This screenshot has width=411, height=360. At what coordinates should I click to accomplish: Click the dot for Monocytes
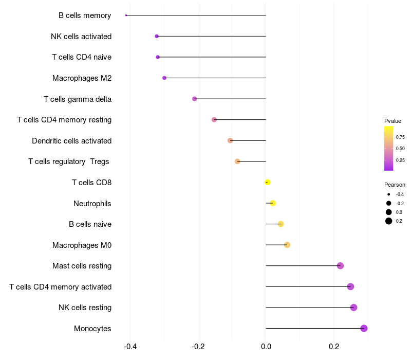[x=364, y=328]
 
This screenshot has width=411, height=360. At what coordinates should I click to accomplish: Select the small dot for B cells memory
[x=126, y=15]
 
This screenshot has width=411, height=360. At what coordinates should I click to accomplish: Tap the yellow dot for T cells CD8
[x=267, y=182]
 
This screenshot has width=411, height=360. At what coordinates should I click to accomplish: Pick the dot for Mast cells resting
[x=340, y=266]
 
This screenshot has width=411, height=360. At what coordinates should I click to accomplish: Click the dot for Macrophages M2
[x=164, y=78]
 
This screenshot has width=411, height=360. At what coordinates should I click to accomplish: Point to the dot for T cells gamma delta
[x=195, y=99]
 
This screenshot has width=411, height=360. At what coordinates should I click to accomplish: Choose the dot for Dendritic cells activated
[x=230, y=140]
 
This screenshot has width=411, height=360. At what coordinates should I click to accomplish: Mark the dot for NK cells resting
[x=353, y=308]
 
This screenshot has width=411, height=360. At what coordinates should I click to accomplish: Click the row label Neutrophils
[x=92, y=204]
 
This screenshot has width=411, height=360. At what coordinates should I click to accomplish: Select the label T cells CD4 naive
[x=82, y=57]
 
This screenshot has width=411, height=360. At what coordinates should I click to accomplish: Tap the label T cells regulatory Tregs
[x=69, y=161]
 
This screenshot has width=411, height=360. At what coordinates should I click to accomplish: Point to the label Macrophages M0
[x=82, y=245]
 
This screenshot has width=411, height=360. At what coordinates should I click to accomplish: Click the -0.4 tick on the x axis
[x=130, y=347]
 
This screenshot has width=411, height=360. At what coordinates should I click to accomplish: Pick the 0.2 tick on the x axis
[x=334, y=347]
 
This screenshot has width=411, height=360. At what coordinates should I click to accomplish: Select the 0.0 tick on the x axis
[x=266, y=347]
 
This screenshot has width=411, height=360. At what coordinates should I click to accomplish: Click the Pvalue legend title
[x=393, y=121]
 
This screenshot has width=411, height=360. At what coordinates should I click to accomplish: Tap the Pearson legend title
[x=395, y=185]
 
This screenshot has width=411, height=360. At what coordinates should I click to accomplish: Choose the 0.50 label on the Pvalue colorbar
[x=400, y=149]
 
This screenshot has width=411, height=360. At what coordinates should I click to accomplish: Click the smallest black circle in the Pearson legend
[x=389, y=194]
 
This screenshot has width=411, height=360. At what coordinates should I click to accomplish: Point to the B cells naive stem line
[x=273, y=224]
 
